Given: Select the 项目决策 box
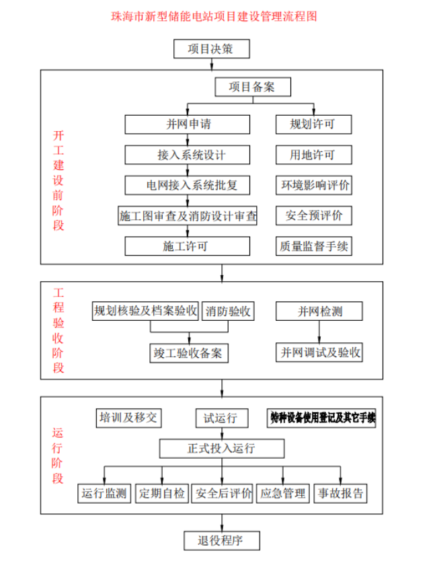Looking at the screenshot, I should (211, 49).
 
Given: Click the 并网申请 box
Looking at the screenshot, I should (187, 124).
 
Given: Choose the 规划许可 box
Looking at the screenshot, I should (313, 124).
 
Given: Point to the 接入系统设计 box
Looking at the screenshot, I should (187, 155).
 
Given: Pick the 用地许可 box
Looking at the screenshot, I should (313, 155).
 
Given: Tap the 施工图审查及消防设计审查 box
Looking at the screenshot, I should (188, 215).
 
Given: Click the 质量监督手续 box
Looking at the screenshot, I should (314, 246).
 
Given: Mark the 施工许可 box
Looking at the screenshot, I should (187, 246).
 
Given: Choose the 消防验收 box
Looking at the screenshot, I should (228, 311).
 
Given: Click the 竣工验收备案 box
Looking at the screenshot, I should (188, 352).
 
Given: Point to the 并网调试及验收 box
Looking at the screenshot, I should (320, 352).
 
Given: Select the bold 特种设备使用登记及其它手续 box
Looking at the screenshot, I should (321, 418).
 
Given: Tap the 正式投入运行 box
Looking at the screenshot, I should (221, 448).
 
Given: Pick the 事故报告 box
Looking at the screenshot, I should (341, 493).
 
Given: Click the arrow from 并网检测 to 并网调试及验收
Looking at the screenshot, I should (320, 332).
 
